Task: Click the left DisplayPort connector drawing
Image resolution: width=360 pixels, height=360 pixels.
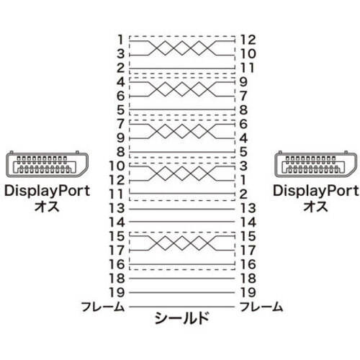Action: pyautogui.click(x=47, y=164)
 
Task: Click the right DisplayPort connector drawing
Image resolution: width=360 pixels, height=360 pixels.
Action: pyautogui.click(x=316, y=164)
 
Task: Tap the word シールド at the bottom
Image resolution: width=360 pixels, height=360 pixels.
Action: pyautogui.click(x=181, y=318)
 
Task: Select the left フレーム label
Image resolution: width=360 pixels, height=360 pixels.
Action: pyautogui.click(x=103, y=307)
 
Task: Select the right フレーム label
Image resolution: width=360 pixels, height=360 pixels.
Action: pyautogui.click(x=261, y=307)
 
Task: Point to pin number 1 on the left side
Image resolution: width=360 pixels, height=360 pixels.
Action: pyautogui.click(x=120, y=40)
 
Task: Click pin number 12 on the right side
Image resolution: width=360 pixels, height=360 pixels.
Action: pyautogui.click(x=248, y=40)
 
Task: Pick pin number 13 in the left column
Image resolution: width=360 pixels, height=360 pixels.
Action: pyautogui.click(x=117, y=208)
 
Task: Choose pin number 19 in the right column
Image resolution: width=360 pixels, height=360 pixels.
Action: pyautogui.click(x=248, y=292)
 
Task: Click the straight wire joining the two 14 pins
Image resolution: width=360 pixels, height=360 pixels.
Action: pyautogui.click(x=181, y=222)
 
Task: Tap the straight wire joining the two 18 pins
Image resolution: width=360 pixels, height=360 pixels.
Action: pyautogui.click(x=181, y=279)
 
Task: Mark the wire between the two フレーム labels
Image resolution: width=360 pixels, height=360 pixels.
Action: pyautogui.click(x=181, y=307)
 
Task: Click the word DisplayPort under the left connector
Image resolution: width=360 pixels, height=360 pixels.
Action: pyautogui.click(x=47, y=192)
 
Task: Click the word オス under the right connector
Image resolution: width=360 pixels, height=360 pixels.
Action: pyautogui.click(x=315, y=207)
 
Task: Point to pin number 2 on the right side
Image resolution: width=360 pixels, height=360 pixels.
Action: pyautogui.click(x=243, y=194)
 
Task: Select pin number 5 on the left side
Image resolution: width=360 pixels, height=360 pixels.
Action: pyautogui.click(x=121, y=110)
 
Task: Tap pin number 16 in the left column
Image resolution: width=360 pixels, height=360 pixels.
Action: pyautogui.click(x=117, y=264)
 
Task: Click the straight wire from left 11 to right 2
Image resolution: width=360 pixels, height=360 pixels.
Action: pyautogui.click(x=181, y=193)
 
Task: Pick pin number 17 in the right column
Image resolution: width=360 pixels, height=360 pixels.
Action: pyautogui.click(x=248, y=251)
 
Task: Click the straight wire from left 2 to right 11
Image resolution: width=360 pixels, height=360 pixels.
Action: pyautogui.click(x=181, y=69)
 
